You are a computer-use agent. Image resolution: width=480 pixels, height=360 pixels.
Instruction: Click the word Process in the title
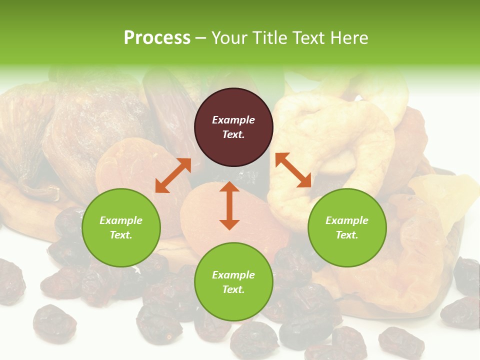point(157,37)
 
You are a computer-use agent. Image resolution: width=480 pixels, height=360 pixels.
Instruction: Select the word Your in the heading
point(231,37)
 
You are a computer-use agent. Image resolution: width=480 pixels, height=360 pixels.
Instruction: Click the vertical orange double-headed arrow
point(229,205)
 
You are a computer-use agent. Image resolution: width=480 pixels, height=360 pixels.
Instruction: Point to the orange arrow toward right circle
point(293,170)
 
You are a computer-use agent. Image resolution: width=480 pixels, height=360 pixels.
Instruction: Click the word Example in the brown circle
point(233,120)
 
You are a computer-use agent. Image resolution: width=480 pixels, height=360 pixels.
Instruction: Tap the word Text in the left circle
point(121,235)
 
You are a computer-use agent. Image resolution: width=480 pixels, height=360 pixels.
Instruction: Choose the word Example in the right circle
point(347,220)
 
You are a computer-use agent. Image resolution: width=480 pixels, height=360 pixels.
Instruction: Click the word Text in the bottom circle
point(233,289)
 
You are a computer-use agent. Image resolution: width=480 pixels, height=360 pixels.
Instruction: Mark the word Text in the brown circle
point(233,134)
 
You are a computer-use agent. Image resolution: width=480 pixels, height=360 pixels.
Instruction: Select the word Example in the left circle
point(121,220)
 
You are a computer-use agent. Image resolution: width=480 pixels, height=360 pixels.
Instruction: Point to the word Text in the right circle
point(347,235)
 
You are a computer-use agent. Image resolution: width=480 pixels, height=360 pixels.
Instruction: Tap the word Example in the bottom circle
point(233,275)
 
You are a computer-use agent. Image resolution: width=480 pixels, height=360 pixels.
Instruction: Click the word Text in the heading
point(310,37)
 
